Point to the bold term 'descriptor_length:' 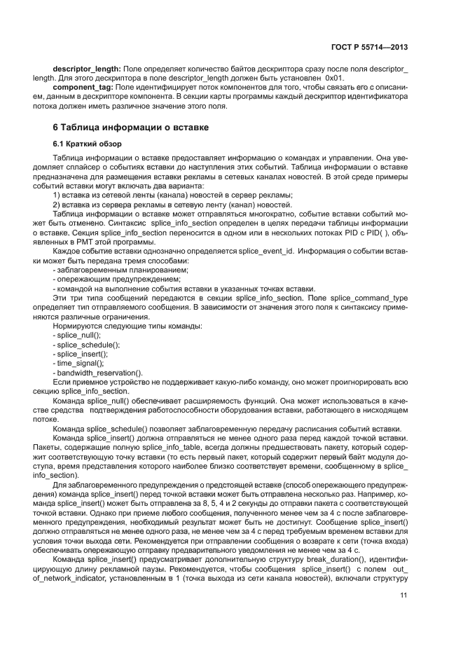87,69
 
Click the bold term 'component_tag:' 81,87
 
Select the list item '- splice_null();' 77,336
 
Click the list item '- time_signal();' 78,363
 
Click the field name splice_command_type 371,299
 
